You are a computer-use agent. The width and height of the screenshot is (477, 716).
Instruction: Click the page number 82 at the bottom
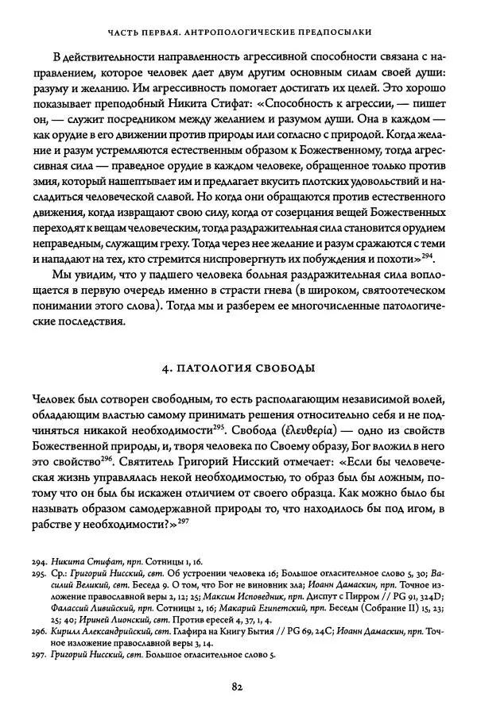238,687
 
